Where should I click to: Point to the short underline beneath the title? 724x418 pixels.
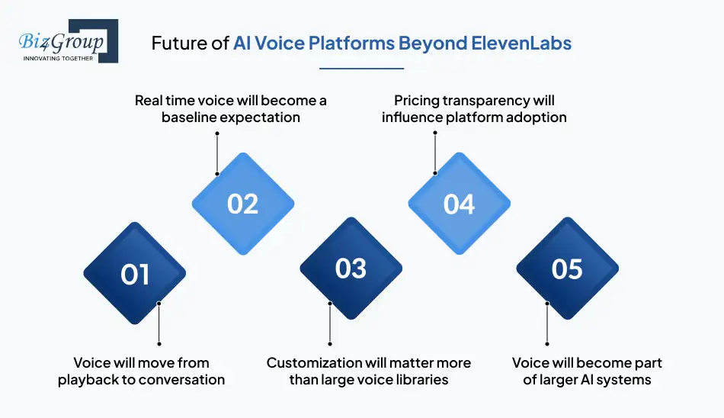coord(361,69)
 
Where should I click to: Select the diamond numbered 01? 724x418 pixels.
coord(135,274)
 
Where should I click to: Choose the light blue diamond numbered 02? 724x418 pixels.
coord(242,204)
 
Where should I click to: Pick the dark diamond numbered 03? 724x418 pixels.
coord(351,268)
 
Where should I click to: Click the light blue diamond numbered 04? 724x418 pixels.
coord(459,204)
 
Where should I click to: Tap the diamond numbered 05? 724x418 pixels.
coord(567,268)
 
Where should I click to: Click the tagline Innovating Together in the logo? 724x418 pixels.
coord(59,59)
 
